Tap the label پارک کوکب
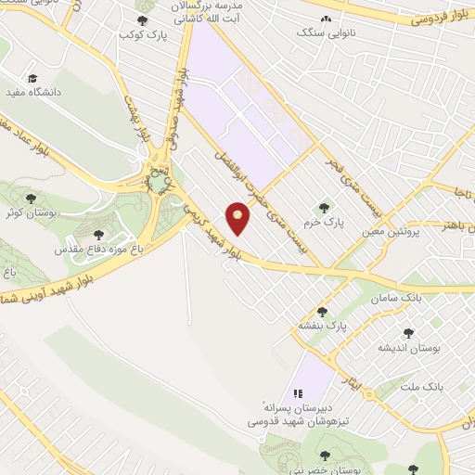coord(140,34)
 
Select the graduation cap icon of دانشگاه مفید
coord(33,78)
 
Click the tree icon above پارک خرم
coord(323,208)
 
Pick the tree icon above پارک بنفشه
coord(322,312)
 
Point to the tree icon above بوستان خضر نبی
coord(324,454)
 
